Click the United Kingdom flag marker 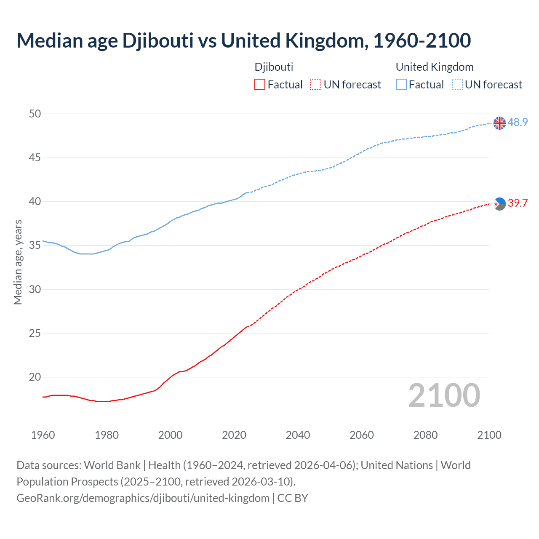click(x=499, y=123)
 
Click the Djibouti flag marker click(x=499, y=204)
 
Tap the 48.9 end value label click(x=518, y=122)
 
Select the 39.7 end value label click(x=518, y=203)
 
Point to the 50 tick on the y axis click(x=35, y=114)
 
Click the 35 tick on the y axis click(x=35, y=245)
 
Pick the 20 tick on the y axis click(x=35, y=377)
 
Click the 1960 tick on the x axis click(x=43, y=435)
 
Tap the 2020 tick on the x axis click(x=234, y=435)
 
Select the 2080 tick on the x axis click(x=425, y=435)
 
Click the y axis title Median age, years click(x=18, y=262)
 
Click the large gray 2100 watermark click(x=444, y=395)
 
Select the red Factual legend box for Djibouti click(x=260, y=85)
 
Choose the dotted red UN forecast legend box click(x=316, y=85)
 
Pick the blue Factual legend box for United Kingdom click(x=401, y=85)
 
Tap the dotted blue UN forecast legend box click(x=457, y=85)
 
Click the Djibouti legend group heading click(x=274, y=67)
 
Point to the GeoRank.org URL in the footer click(x=143, y=498)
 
